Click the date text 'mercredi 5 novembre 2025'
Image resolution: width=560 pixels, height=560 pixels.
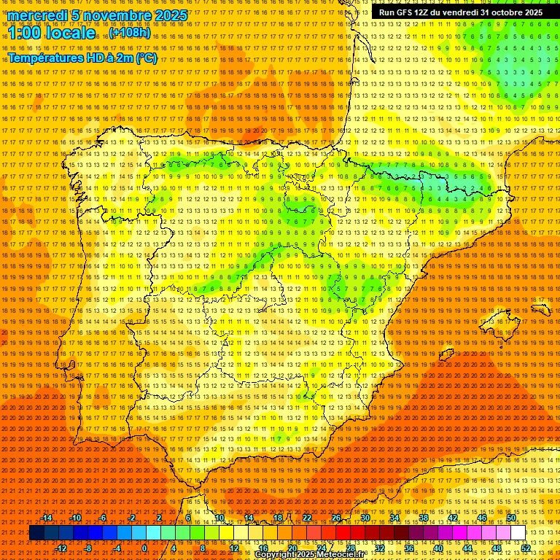click(98, 15)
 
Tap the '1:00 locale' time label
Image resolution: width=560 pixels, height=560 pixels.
click(52, 33)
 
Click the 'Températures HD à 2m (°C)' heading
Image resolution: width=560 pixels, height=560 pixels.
click(82, 58)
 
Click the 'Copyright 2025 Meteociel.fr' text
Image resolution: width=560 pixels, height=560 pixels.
click(309, 555)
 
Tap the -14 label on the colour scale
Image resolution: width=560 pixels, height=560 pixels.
click(47, 518)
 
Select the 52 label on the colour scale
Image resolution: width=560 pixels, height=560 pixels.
click(526, 548)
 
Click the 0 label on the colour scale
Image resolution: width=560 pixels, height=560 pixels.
click(144, 548)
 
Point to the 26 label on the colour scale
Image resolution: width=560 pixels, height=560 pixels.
click(336, 518)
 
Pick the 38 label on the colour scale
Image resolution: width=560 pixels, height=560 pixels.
click(423, 518)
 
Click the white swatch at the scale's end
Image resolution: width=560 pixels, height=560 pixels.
click(518, 533)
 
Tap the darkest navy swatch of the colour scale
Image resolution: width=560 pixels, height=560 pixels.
click(36, 533)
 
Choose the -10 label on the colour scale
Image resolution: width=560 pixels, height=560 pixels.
click(76, 518)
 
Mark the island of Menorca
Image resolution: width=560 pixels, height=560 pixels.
click(540, 308)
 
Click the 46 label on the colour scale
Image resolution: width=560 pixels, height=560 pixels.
click(481, 518)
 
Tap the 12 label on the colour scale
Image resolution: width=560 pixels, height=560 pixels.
click(234, 548)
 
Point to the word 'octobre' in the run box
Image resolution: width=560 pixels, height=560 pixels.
click(498, 12)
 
